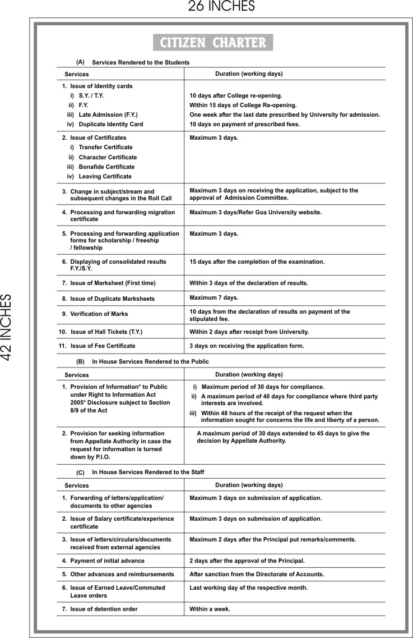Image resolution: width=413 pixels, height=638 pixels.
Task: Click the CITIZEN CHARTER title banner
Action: pos(213,43)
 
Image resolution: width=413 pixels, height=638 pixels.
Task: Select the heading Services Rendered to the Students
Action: pos(141,62)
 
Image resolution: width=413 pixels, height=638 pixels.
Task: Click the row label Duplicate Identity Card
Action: pos(110,124)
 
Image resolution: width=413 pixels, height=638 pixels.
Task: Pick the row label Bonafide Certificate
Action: pos(106,167)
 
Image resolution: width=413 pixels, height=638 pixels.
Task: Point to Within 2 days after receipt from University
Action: pos(249,332)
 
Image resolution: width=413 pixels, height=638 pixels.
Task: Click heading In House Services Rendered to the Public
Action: pos(150,362)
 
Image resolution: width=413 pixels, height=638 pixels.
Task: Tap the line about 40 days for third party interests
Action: pos(289,400)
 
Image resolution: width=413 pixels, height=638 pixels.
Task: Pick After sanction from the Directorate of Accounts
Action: pos(257,574)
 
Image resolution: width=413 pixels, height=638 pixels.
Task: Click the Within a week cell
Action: pos(210,609)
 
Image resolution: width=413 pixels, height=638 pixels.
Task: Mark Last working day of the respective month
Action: pos(248,587)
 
